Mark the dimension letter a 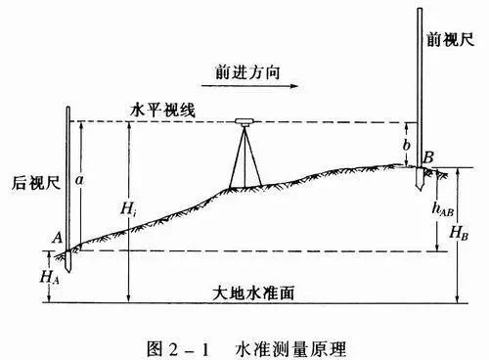(x=81, y=181)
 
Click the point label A (x=57, y=237)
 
